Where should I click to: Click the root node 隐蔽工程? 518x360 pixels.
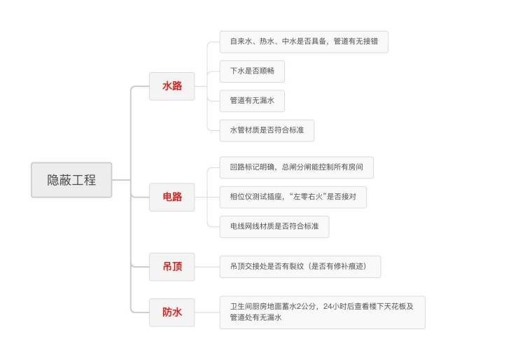click(71, 180)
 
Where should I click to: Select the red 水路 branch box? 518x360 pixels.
click(172, 86)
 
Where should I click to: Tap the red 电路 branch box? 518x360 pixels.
click(172, 197)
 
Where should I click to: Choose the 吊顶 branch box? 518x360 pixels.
click(172, 266)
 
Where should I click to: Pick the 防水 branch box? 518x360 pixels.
click(172, 312)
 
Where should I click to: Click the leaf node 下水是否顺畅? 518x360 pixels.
click(252, 71)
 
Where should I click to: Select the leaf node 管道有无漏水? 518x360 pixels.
click(252, 101)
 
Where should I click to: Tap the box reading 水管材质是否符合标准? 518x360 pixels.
click(267, 130)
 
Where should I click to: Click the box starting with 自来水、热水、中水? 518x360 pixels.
click(304, 41)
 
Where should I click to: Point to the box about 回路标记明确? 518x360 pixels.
click(296, 168)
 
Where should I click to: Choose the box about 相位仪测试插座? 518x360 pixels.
click(293, 198)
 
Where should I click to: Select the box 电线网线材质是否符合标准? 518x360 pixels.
click(274, 227)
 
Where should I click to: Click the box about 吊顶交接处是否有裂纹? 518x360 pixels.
click(300, 266)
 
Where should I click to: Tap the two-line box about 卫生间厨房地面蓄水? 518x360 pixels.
click(322, 312)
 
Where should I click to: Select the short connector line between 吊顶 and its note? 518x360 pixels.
click(207, 266)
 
